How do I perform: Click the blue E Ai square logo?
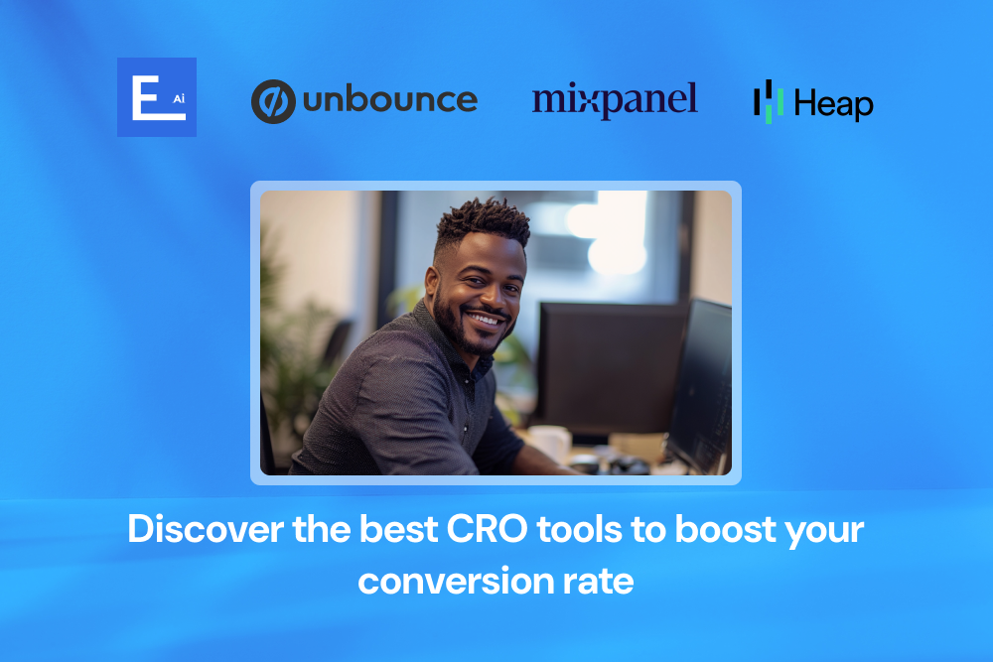point(156,97)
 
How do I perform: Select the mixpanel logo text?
point(615,100)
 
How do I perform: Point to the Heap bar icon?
point(769,101)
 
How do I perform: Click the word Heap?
point(834,104)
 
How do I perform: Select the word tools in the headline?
point(578,529)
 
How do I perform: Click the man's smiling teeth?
point(486,321)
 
